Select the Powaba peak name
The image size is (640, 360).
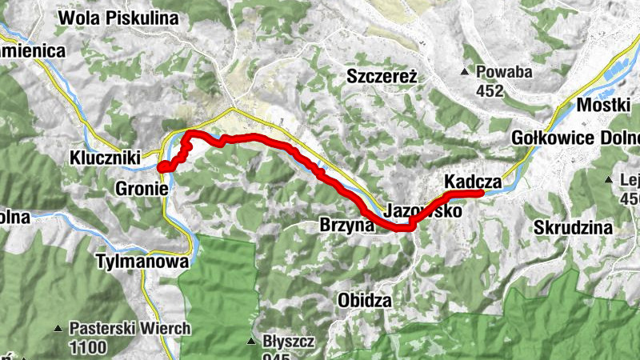click(504, 72)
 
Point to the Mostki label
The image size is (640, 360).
click(605, 105)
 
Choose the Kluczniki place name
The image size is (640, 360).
click(106, 156)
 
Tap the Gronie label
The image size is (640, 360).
click(142, 190)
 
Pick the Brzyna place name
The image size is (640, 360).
click(347, 225)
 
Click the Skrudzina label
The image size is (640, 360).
click(574, 227)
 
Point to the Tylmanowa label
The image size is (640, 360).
click(142, 261)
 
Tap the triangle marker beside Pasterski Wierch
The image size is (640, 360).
click(58, 328)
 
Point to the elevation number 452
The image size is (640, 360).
click(490, 90)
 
